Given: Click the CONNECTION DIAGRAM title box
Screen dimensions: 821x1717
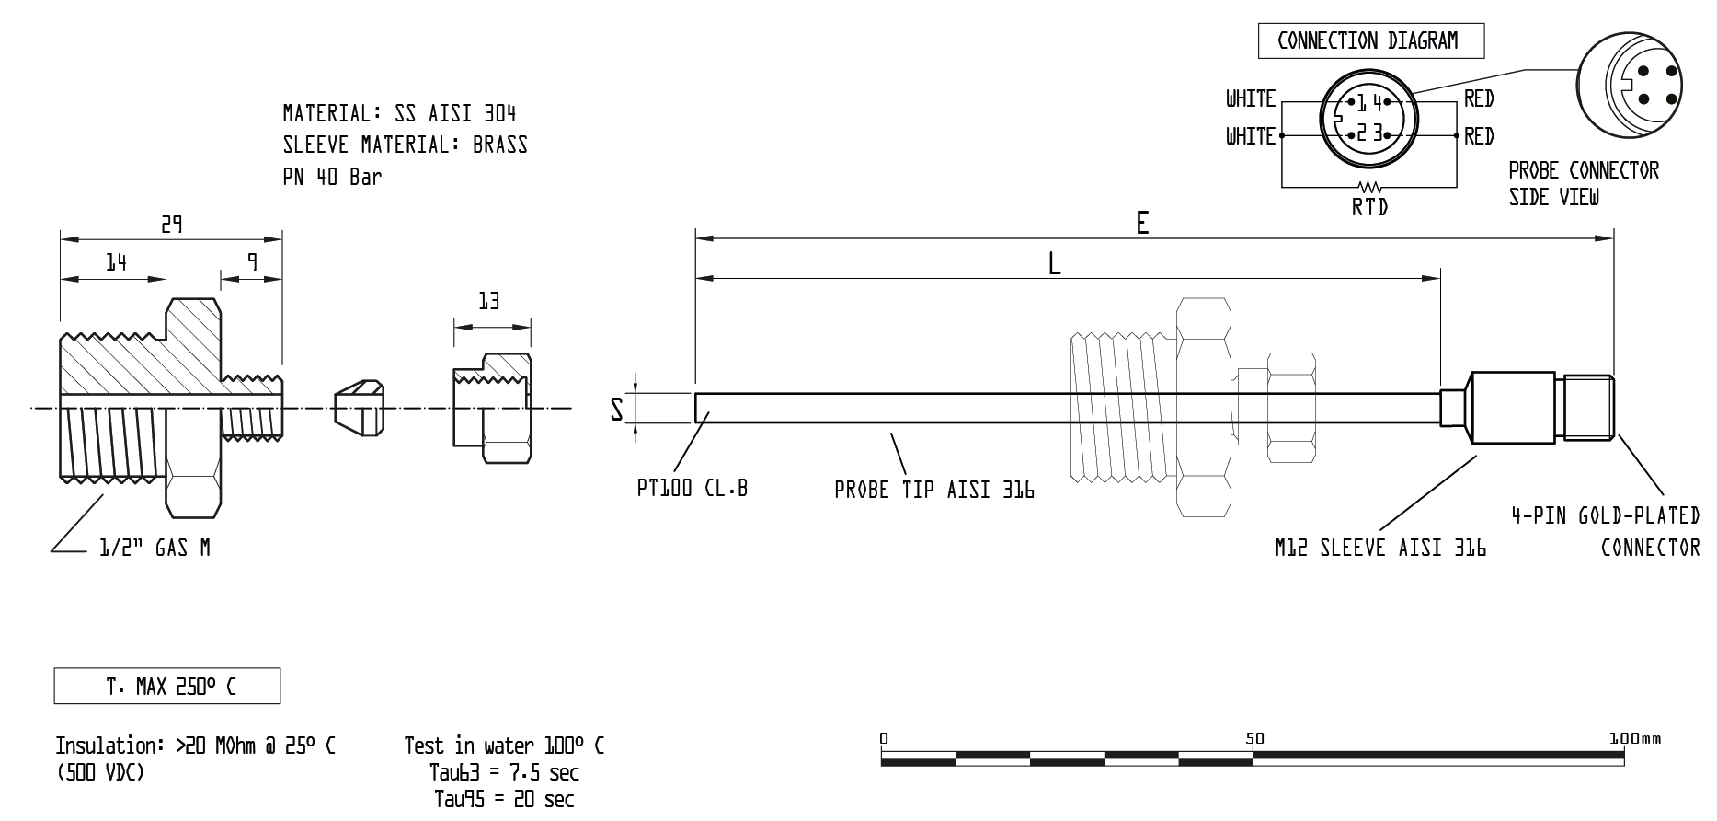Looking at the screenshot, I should pyautogui.click(x=1370, y=41).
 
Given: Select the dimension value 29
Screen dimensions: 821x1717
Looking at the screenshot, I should pyautogui.click(x=172, y=225).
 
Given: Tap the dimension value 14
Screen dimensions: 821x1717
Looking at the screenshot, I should pyautogui.click(x=115, y=263).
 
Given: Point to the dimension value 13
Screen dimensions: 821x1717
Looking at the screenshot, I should pyautogui.click(x=489, y=301).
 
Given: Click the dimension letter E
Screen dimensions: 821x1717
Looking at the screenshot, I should pyautogui.click(x=1142, y=224).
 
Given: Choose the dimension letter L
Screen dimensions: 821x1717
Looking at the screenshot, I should pyautogui.click(x=1054, y=264).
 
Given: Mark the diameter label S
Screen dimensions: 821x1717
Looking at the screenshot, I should pyautogui.click(x=617, y=409).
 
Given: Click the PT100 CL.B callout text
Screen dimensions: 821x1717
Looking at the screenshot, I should pyautogui.click(x=692, y=488).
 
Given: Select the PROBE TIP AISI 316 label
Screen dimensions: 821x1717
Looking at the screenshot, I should pyautogui.click(x=933, y=491).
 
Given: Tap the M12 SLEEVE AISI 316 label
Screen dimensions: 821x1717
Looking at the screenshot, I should pyautogui.click(x=1379, y=548).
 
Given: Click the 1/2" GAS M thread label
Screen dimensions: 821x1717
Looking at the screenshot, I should pyautogui.click(x=155, y=549).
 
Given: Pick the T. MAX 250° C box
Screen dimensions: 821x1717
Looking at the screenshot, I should pyautogui.click(x=167, y=687).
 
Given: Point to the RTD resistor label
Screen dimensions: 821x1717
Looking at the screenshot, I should pyautogui.click(x=1369, y=207).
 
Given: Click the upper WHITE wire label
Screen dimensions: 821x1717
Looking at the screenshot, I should pyautogui.click(x=1250, y=98).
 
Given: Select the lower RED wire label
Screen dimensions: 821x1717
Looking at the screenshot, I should pyautogui.click(x=1479, y=136).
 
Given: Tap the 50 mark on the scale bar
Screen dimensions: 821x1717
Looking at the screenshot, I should pyautogui.click(x=1254, y=738).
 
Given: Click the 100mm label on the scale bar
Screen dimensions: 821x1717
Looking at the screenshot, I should pyautogui.click(x=1635, y=738).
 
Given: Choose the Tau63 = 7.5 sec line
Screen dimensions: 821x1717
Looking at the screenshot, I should pyautogui.click(x=504, y=772).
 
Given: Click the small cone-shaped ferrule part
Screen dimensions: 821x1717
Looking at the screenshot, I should pyautogui.click(x=358, y=408).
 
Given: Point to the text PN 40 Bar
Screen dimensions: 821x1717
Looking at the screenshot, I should pyautogui.click(x=332, y=177).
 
